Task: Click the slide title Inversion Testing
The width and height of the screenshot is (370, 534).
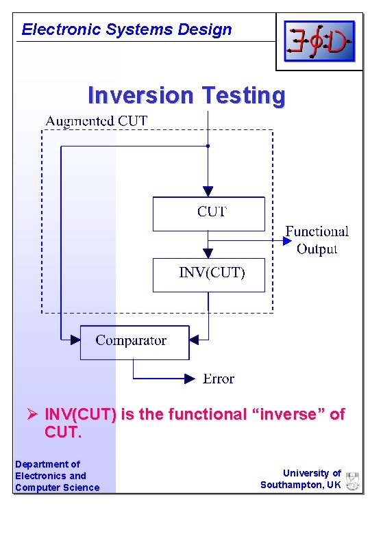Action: pos(186,96)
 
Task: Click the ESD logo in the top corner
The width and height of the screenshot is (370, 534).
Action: pos(319,41)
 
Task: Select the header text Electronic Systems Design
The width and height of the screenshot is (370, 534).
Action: pos(127,29)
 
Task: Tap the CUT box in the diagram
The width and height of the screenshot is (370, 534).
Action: pos(208,214)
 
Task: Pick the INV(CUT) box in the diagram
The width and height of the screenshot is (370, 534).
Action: pos(208,275)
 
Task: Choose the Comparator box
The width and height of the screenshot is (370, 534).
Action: pos(134,342)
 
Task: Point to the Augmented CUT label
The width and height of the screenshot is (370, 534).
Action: pos(96,121)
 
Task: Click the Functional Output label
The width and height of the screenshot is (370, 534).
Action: pos(317,240)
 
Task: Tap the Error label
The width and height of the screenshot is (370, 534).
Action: pos(219,379)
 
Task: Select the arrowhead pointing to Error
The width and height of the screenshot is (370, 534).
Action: pos(190,378)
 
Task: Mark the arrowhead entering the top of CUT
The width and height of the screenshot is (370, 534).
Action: pos(208,192)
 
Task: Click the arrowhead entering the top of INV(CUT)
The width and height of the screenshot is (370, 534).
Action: pos(208,253)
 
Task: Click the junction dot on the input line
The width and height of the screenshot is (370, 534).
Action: pos(208,146)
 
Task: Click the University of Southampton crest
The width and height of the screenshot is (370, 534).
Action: pos(352,480)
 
